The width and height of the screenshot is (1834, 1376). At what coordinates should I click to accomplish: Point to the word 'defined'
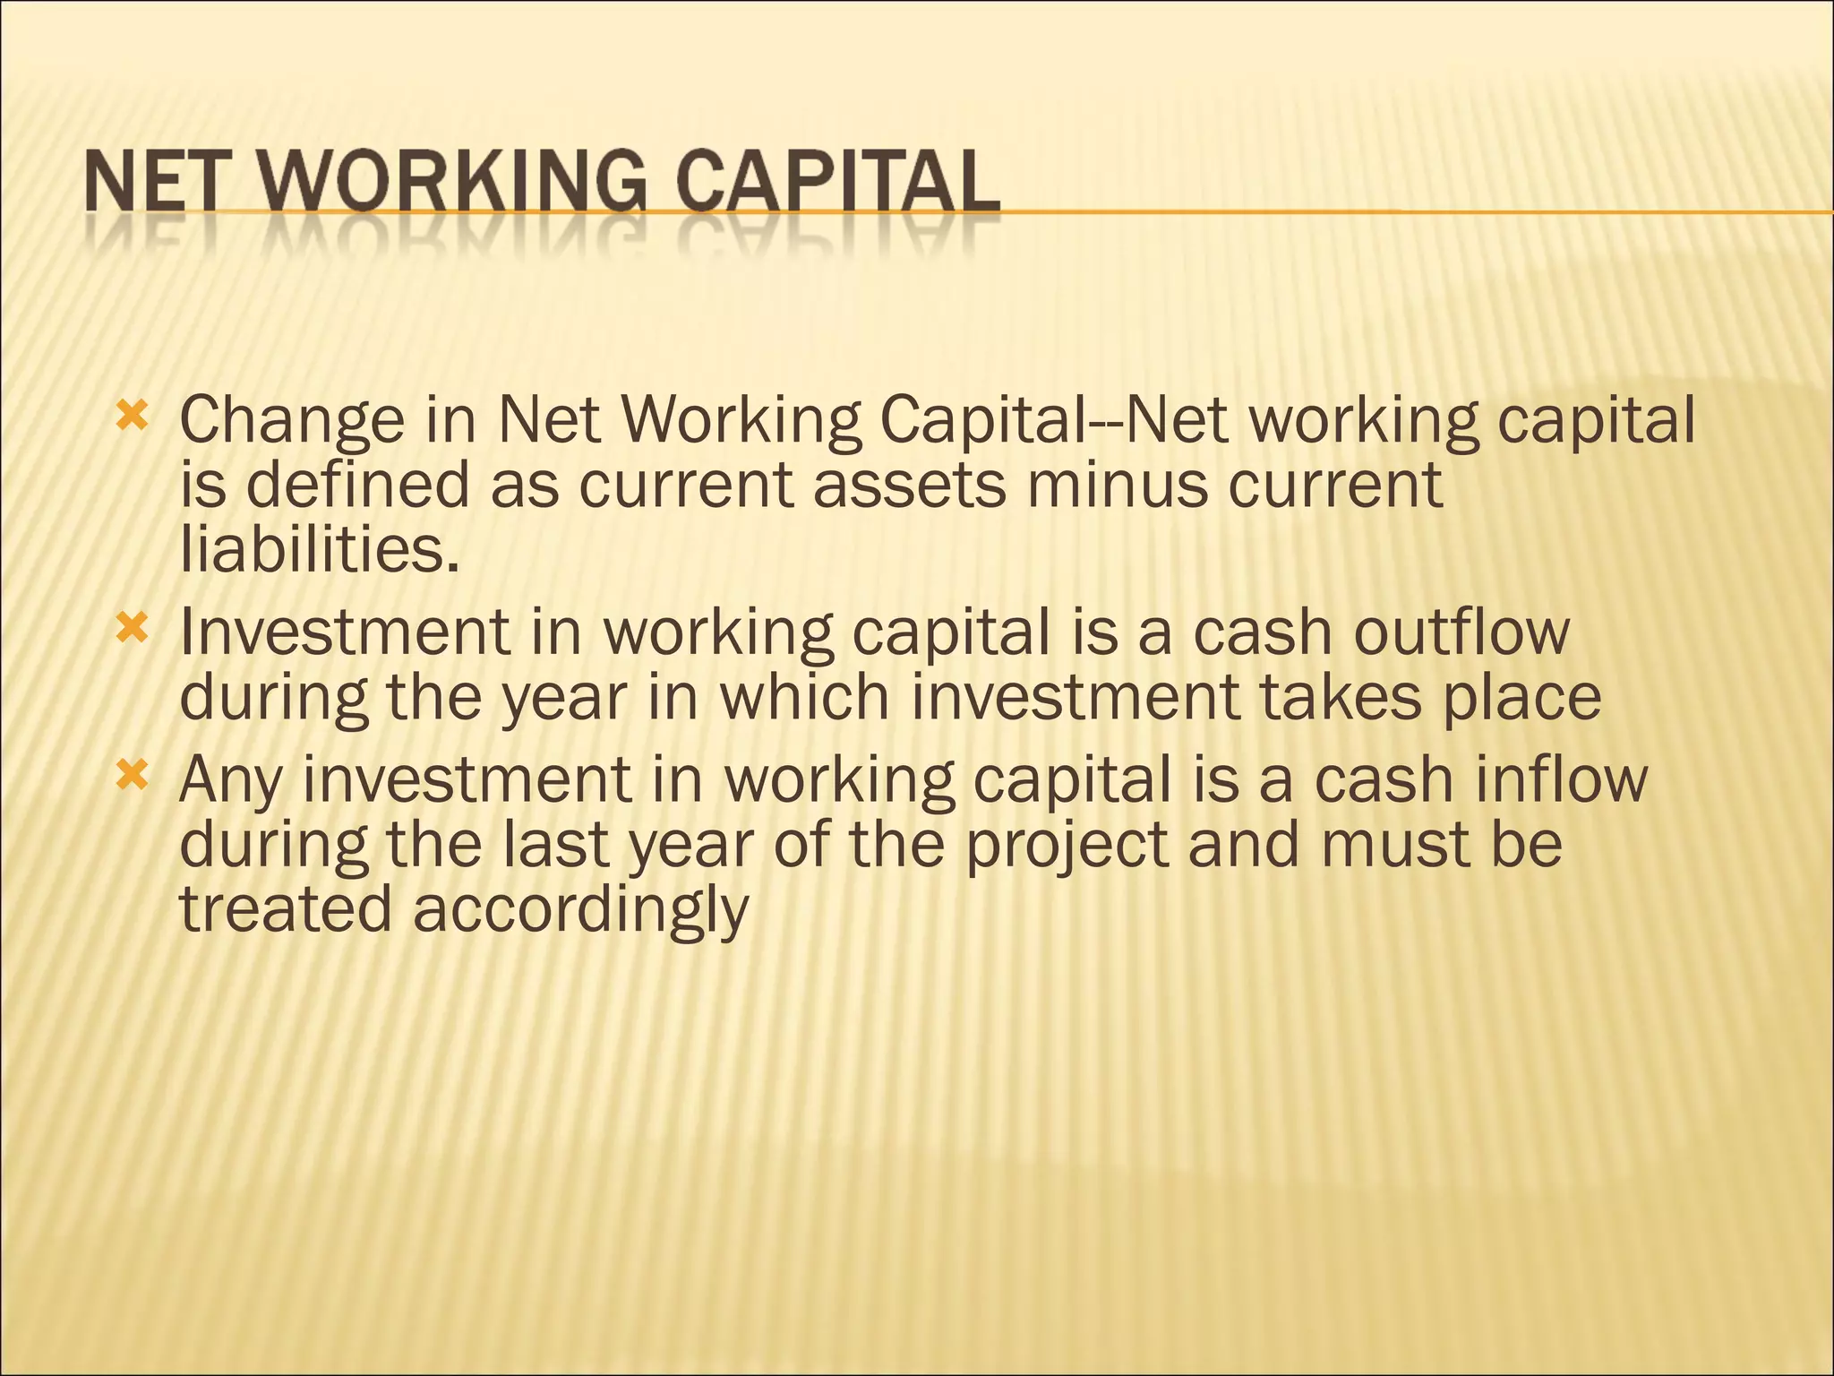[x=357, y=485]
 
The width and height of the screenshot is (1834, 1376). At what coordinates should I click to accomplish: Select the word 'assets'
[x=909, y=485]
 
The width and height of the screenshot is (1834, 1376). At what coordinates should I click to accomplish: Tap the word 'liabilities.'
[x=321, y=549]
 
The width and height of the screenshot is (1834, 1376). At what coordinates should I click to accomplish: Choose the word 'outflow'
[x=1461, y=632]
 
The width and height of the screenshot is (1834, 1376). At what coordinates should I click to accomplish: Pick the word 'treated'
[x=286, y=909]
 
